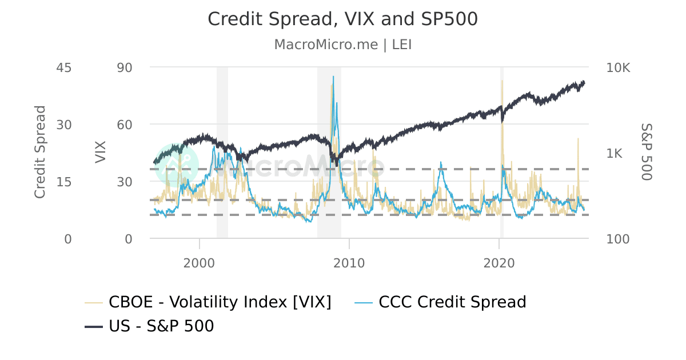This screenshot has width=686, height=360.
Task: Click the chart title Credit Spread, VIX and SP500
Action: click(342, 19)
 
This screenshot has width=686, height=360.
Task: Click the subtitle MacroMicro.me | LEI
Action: click(342, 45)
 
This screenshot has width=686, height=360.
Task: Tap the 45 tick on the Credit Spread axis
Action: click(63, 67)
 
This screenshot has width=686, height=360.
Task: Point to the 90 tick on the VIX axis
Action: click(124, 67)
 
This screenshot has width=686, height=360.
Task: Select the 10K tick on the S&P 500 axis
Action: click(618, 67)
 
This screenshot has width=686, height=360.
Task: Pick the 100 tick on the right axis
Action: click(617, 239)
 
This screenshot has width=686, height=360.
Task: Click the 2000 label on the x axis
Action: click(200, 263)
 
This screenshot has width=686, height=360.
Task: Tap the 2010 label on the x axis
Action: click(349, 263)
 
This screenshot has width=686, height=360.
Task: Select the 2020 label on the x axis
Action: click(499, 263)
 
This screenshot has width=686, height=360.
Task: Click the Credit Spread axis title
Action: click(39, 152)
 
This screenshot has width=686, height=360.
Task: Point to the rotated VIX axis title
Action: click(101, 152)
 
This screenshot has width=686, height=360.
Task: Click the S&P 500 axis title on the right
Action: click(646, 152)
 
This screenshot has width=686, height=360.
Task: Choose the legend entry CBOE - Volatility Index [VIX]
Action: click(209, 302)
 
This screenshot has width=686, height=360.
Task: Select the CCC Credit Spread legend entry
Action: click(440, 302)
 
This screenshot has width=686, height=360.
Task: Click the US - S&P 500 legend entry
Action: click(149, 326)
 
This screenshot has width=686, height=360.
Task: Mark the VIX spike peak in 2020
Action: click(502, 81)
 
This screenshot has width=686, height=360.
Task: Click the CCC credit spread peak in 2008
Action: click(333, 76)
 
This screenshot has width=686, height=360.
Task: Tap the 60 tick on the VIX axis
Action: click(124, 125)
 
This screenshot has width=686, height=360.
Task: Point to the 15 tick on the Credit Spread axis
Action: click(63, 182)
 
